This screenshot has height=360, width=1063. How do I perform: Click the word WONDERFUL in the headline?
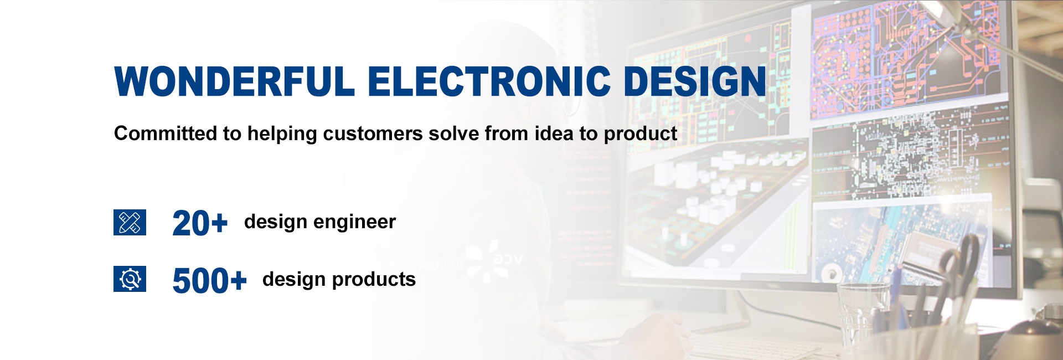pyautogui.click(x=234, y=81)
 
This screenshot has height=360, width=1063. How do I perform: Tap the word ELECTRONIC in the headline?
pyautogui.click(x=489, y=81)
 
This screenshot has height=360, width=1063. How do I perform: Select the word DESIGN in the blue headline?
pyautogui.click(x=695, y=81)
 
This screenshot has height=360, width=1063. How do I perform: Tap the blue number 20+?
pyautogui.click(x=200, y=223)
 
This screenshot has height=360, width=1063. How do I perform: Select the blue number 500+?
pyautogui.click(x=209, y=280)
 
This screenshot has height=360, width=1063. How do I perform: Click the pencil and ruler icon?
pyautogui.click(x=130, y=222)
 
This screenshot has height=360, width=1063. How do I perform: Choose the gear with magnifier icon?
pyautogui.click(x=130, y=279)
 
